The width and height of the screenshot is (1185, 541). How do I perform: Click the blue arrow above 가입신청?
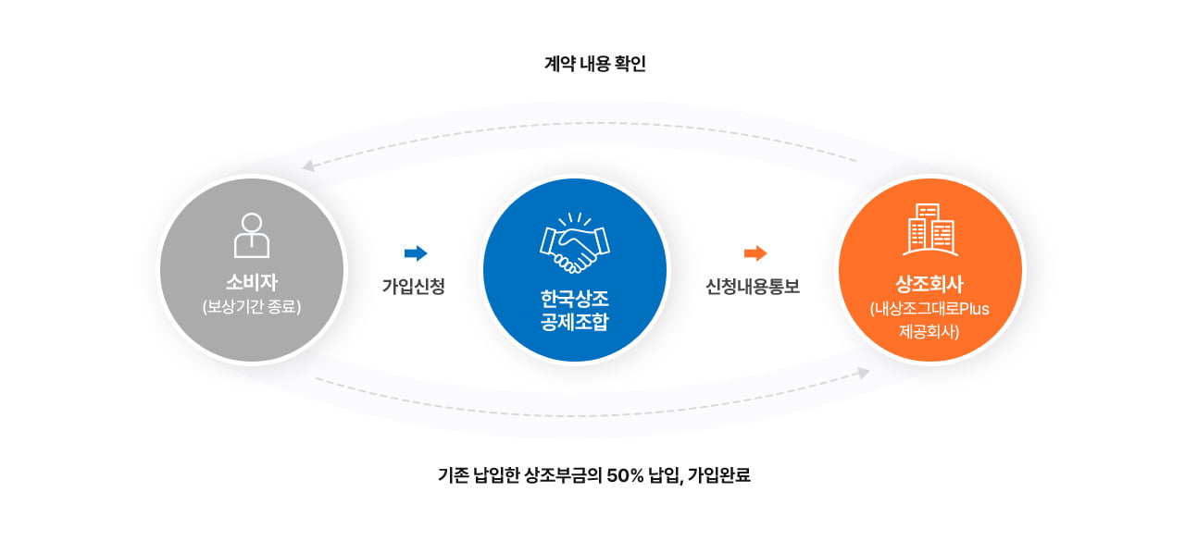point(416,253)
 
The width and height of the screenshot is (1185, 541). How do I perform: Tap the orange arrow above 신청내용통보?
point(755,253)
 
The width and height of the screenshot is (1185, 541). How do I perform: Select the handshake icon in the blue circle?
point(574,242)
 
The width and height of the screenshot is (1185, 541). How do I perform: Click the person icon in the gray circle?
point(252,235)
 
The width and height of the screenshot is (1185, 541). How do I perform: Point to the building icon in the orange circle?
point(930,229)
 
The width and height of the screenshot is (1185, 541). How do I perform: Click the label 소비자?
point(252,281)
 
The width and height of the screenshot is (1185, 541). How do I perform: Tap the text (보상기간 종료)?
point(252,306)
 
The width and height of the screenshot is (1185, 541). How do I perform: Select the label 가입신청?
point(414,287)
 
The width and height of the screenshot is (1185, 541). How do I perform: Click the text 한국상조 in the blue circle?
point(574,300)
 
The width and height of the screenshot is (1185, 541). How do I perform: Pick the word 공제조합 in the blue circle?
point(574,323)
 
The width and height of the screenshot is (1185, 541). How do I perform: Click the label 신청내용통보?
point(753,287)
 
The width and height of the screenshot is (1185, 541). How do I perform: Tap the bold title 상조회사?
point(930,283)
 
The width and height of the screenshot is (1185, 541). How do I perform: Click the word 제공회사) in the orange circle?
point(930,330)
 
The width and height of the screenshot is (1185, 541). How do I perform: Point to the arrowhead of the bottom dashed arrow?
point(863,373)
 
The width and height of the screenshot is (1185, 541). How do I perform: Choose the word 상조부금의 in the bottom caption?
point(564,476)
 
